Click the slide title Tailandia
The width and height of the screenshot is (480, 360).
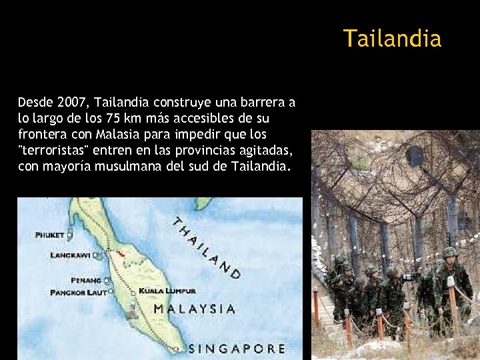[x=392, y=39]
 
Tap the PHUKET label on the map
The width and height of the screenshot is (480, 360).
[x=50, y=235]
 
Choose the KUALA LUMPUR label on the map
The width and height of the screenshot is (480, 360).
[x=167, y=291]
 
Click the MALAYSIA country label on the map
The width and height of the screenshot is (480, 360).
[x=194, y=309]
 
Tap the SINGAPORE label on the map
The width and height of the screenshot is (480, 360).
[x=237, y=349]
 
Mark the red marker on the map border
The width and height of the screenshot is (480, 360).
[x=120, y=254]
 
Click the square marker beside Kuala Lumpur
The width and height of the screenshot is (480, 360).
[x=133, y=291]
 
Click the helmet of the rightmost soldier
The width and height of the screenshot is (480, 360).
[x=449, y=253]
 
